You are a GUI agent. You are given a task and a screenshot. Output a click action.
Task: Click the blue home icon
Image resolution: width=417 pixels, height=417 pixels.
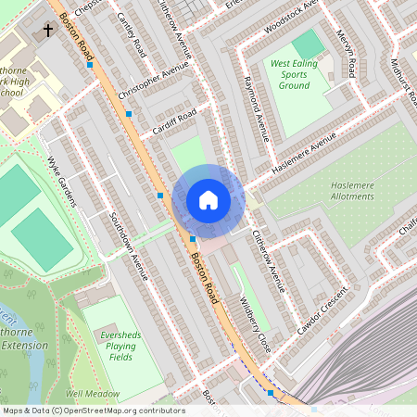pos(208,200)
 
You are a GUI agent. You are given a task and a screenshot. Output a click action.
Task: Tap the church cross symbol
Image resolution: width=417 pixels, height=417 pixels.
pos(48,31)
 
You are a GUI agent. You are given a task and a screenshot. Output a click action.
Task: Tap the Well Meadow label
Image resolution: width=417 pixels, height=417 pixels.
pos(93,394)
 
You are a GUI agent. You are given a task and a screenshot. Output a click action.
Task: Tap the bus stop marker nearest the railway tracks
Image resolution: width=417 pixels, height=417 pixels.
pos(271,393)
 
